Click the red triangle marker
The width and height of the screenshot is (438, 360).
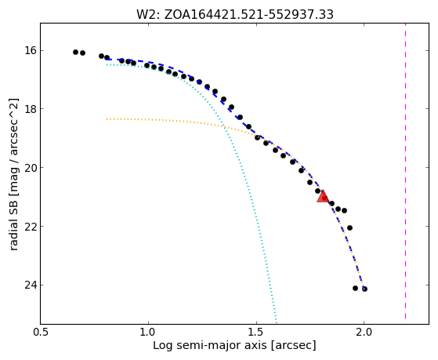[323, 197]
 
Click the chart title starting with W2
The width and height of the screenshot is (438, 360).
[234, 15]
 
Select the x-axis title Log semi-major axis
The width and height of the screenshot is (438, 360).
[234, 345]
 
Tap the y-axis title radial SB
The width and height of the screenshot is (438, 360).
[13, 174]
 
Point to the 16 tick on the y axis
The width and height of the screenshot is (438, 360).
[31, 51]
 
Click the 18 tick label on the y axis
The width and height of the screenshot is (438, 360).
[31, 108]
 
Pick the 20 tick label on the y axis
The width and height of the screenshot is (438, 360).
[31, 168]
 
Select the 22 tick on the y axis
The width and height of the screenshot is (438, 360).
[31, 226]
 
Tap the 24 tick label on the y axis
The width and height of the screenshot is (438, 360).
[31, 285]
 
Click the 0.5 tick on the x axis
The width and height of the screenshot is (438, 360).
[41, 332]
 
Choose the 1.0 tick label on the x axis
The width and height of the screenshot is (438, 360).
[148, 332]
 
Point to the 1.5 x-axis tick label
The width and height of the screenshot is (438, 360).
[256, 332]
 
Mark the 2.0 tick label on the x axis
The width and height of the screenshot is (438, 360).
[364, 332]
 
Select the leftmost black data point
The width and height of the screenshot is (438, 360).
[75, 52]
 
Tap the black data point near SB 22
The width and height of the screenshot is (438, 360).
[349, 227]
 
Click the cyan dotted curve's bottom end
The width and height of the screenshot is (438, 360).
[276, 323]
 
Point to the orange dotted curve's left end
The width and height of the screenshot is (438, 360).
[107, 119]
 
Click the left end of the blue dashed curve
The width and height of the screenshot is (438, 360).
[107, 59]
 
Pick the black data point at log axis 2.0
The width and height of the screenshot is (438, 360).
[364, 289]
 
